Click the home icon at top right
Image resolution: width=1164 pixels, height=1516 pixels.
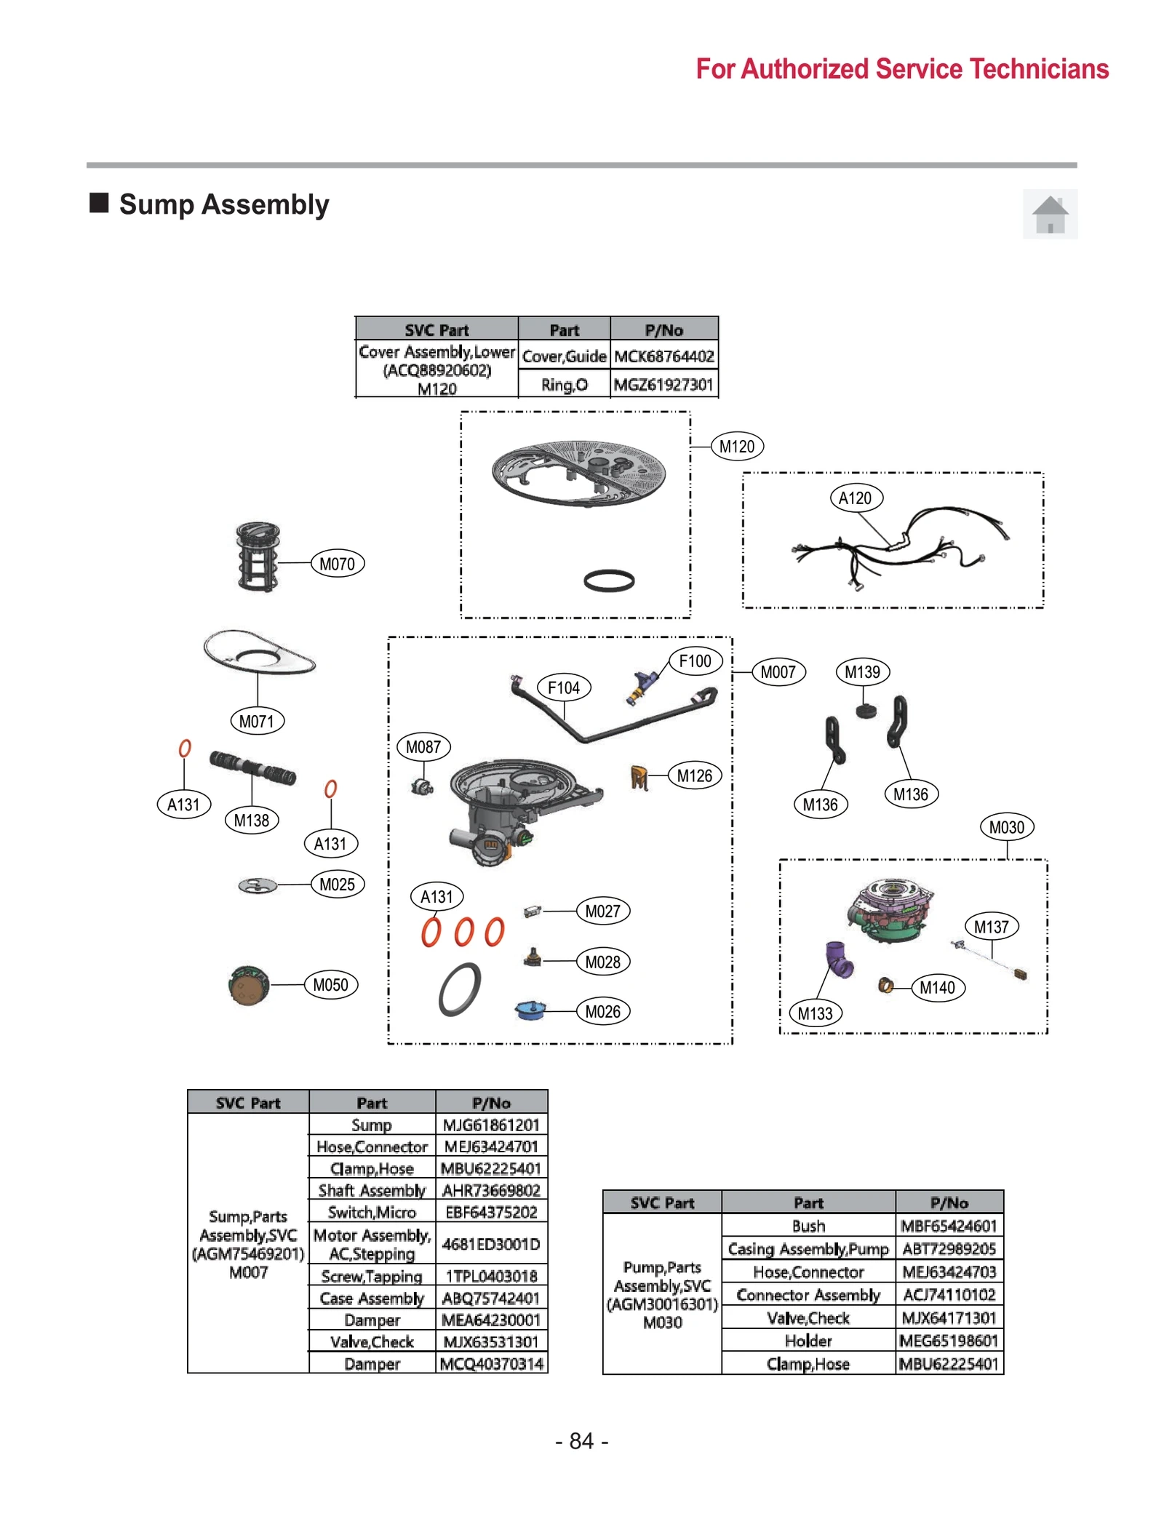click(x=1050, y=215)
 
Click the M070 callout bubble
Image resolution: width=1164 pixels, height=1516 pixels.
click(x=337, y=564)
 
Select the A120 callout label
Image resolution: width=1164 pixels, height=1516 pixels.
click(x=855, y=498)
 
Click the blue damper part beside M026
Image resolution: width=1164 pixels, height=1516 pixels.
click(x=530, y=1010)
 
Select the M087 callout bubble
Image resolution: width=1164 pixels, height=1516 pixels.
click(x=423, y=747)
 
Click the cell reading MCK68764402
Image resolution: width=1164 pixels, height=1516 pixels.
click(x=663, y=356)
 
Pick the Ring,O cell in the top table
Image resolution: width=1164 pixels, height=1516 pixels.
click(x=564, y=385)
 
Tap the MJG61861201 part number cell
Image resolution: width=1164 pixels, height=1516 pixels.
click(x=491, y=1125)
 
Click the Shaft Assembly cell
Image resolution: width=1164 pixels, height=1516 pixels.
click(x=372, y=1190)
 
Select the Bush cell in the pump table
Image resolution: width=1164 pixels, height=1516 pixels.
click(x=808, y=1226)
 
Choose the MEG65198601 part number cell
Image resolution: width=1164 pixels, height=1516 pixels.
click(x=949, y=1340)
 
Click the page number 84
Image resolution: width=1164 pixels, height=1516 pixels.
click(x=581, y=1440)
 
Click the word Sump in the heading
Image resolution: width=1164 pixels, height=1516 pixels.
click(x=156, y=204)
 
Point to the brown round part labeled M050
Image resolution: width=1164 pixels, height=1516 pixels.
click(x=248, y=986)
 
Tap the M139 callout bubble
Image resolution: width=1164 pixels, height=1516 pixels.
click(x=862, y=672)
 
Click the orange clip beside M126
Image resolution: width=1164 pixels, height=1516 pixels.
click(x=639, y=778)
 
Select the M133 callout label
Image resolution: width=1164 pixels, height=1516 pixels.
click(x=815, y=1013)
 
